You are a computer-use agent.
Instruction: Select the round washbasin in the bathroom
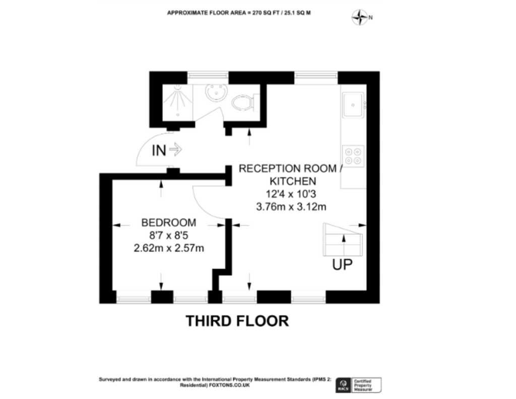click(216, 92)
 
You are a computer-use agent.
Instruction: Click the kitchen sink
click(353, 105)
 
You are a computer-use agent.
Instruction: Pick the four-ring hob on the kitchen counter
click(353, 156)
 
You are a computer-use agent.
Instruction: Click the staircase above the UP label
click(343, 240)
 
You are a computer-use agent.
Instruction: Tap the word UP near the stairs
click(342, 265)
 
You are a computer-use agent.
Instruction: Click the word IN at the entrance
click(159, 150)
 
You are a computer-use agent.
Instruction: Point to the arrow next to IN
click(175, 150)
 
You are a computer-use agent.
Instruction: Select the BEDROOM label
click(168, 222)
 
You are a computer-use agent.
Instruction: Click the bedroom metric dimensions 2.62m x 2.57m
click(169, 248)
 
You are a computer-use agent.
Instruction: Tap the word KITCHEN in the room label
click(293, 181)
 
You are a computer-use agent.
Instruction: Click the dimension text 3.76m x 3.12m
click(291, 207)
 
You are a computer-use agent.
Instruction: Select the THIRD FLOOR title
click(237, 321)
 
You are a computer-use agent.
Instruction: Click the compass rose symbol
click(360, 18)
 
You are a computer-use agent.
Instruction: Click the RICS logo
click(343, 385)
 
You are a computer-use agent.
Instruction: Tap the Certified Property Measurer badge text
click(363, 385)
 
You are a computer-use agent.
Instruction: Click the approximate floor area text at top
click(239, 13)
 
